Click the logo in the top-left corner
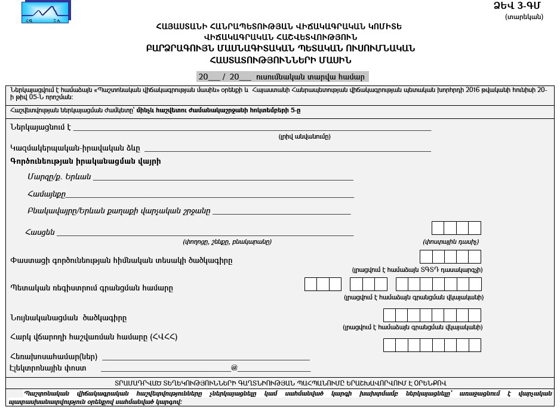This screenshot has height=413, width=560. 45,12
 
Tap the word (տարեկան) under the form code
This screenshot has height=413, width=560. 524,17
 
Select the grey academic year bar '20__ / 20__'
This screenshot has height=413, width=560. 282,77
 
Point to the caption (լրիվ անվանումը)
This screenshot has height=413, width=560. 304,137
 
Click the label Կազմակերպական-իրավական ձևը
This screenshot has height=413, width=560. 75,148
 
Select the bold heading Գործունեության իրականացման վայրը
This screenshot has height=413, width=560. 85,161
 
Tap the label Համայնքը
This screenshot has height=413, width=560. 47,194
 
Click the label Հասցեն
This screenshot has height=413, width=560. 40,232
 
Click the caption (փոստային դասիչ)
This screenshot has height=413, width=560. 451,242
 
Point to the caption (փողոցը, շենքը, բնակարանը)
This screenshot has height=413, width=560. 227,242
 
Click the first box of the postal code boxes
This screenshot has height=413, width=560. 438,228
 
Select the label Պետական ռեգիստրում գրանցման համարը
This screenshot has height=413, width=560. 91,288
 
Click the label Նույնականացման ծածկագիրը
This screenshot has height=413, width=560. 69,318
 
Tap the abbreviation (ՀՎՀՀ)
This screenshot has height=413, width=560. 164,337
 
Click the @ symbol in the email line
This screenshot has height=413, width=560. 234,368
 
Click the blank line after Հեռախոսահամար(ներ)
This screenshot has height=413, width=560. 206,357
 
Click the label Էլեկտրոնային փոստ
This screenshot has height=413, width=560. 48,368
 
